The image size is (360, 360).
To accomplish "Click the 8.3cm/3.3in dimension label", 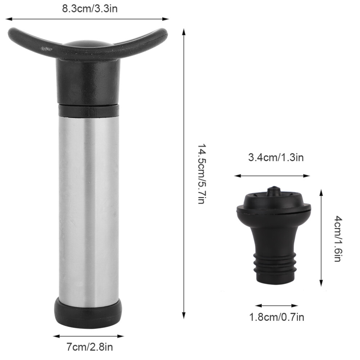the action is pos(90,9).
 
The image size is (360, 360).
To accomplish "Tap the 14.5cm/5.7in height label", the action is pos(202,174).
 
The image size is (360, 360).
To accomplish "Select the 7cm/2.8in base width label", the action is pos(90,347).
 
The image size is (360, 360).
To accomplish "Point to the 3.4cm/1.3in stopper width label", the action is pos(276,157).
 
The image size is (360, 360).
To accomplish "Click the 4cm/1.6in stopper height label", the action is pos(338,239).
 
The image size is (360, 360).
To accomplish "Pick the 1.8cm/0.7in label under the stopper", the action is pos(277,317).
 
